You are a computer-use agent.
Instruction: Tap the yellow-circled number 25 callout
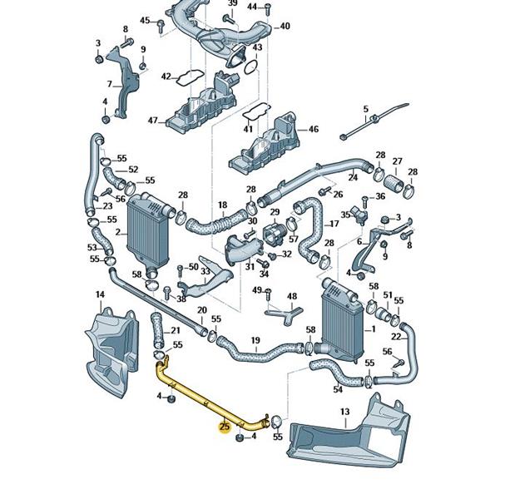tap(224, 427)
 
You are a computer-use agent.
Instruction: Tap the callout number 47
tap(153, 121)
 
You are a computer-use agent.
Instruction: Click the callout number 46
tap(313, 130)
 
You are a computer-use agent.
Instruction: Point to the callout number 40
tap(285, 27)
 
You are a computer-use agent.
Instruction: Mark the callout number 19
tap(255, 340)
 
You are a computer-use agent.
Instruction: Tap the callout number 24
tap(353, 177)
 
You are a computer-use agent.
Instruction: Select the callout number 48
tap(291, 296)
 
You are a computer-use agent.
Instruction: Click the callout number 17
tap(335, 224)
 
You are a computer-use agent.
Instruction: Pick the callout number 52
tap(132, 170)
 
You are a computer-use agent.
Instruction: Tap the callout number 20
tap(201, 310)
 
